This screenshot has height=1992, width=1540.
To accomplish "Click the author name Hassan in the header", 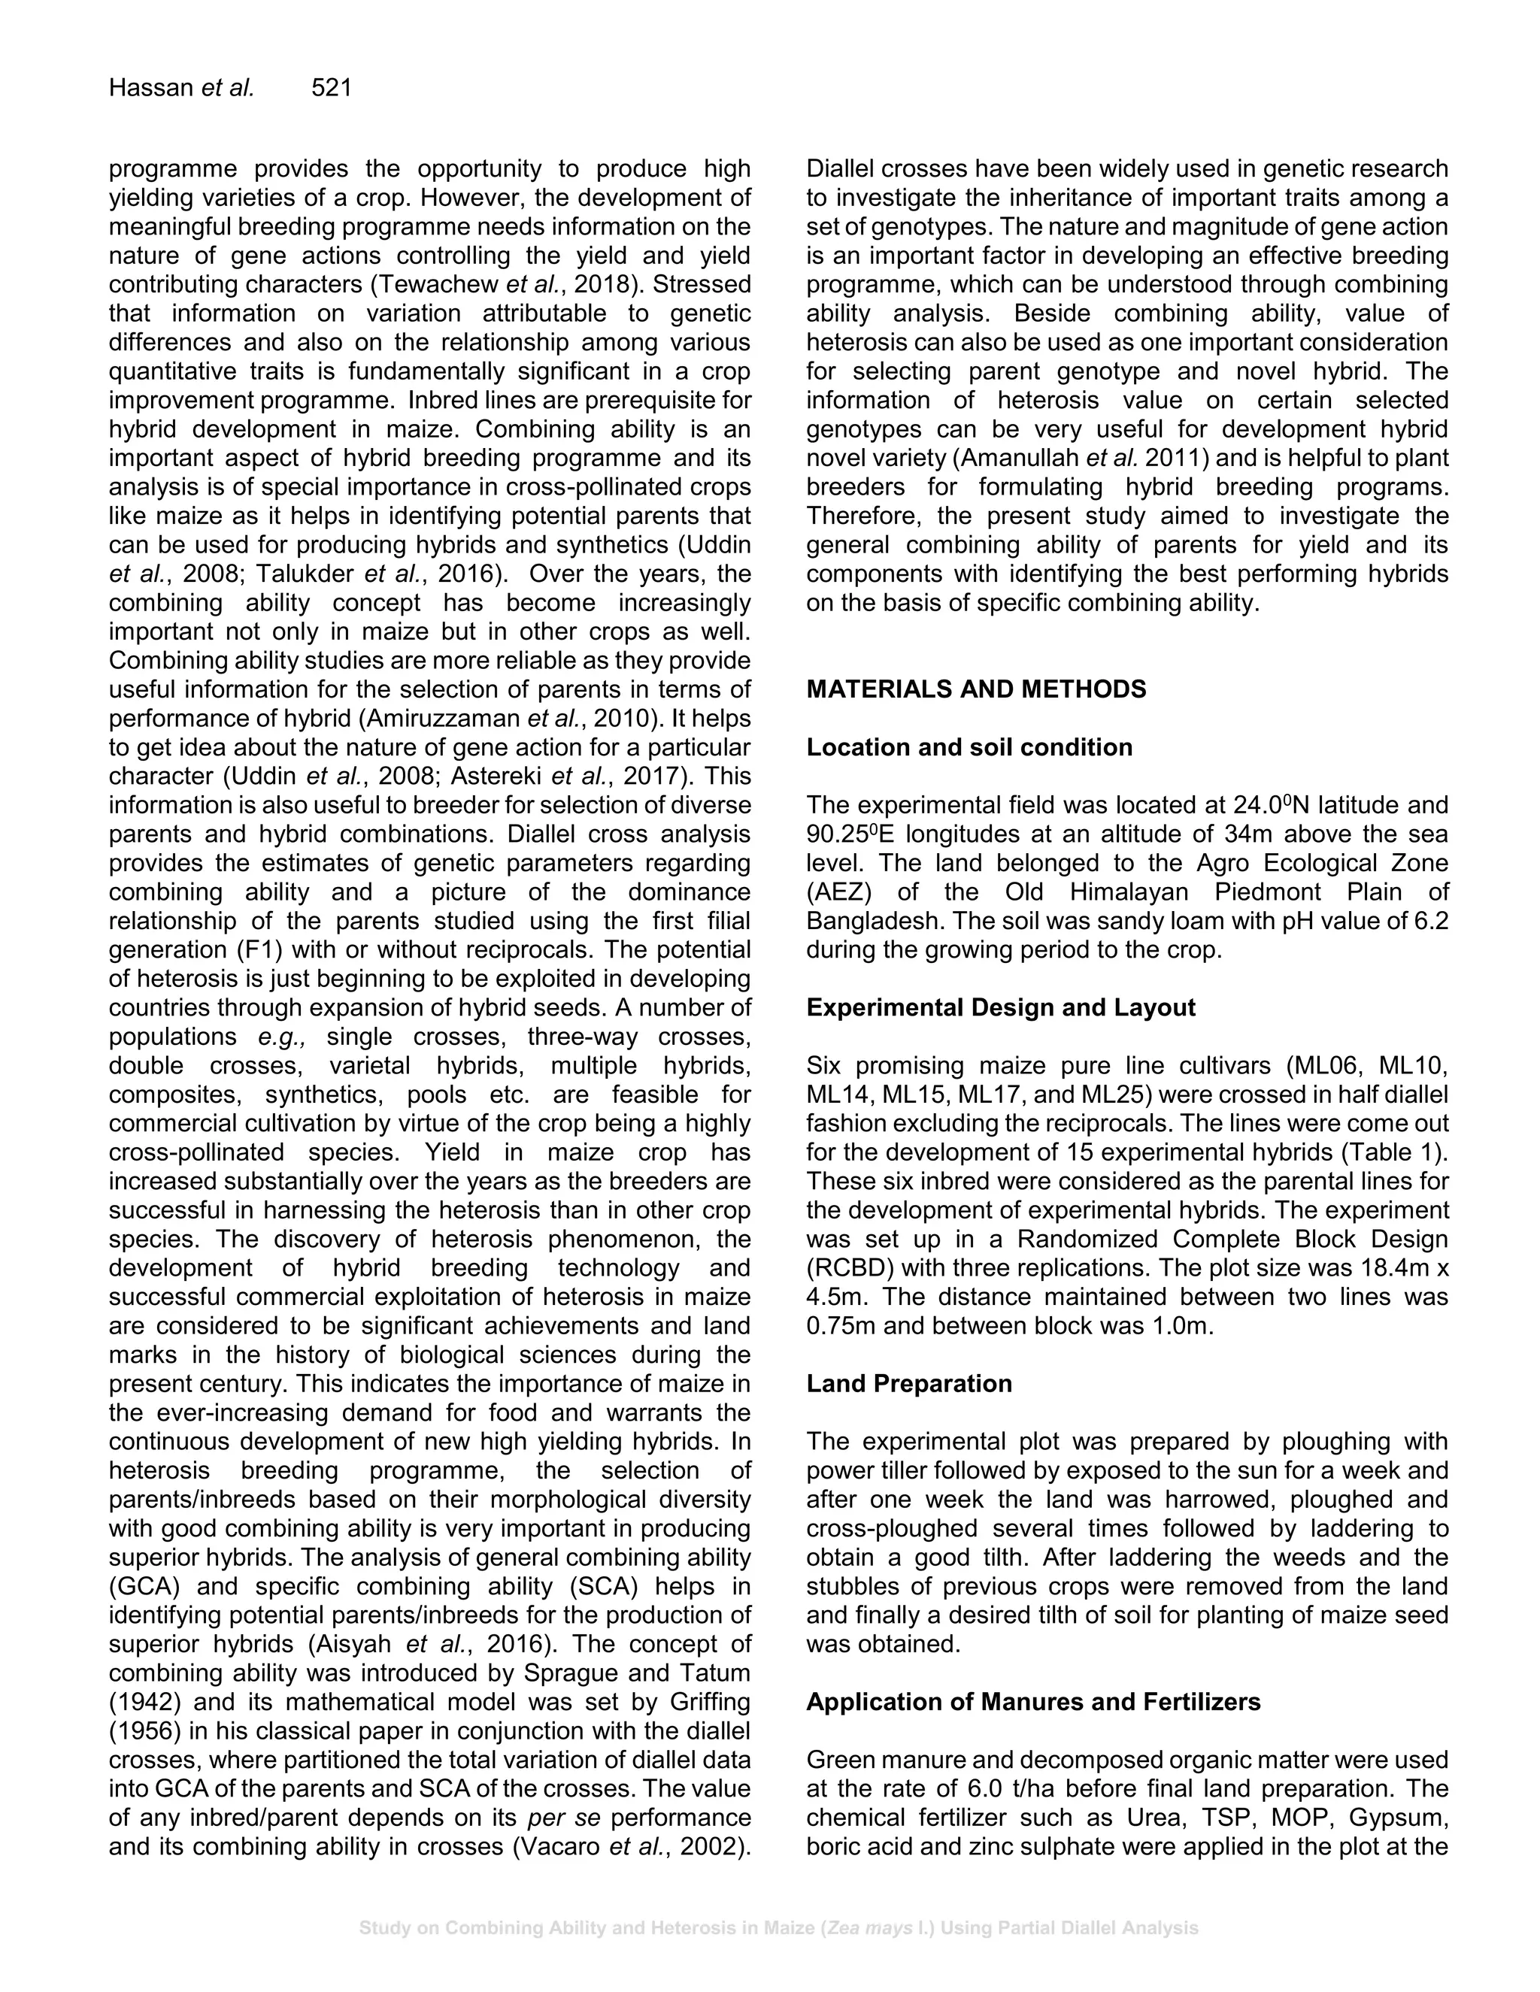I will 151,89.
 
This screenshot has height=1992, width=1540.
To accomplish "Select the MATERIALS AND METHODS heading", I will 975,689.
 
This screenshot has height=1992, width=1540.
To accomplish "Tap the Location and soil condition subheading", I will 969,748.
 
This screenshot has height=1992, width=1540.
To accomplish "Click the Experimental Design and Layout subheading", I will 1000,1008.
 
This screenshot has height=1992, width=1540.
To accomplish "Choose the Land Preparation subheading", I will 908,1384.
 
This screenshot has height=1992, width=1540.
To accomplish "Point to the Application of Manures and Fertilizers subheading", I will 1032,1702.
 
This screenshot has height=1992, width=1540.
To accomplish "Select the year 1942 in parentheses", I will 138,1703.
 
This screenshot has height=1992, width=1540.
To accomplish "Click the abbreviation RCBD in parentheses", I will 844,1269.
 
